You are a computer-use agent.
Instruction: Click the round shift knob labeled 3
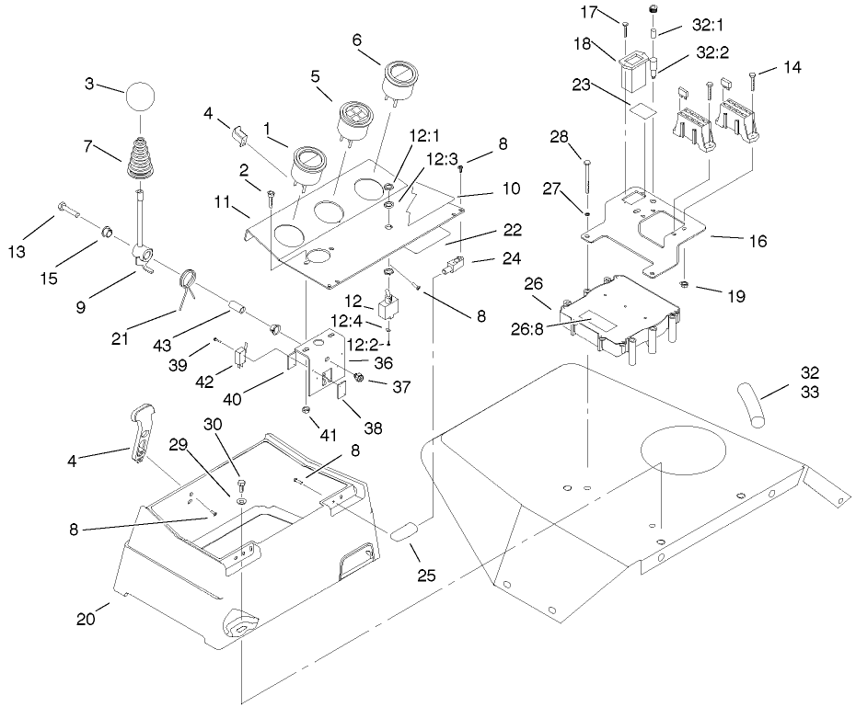tap(141, 96)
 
